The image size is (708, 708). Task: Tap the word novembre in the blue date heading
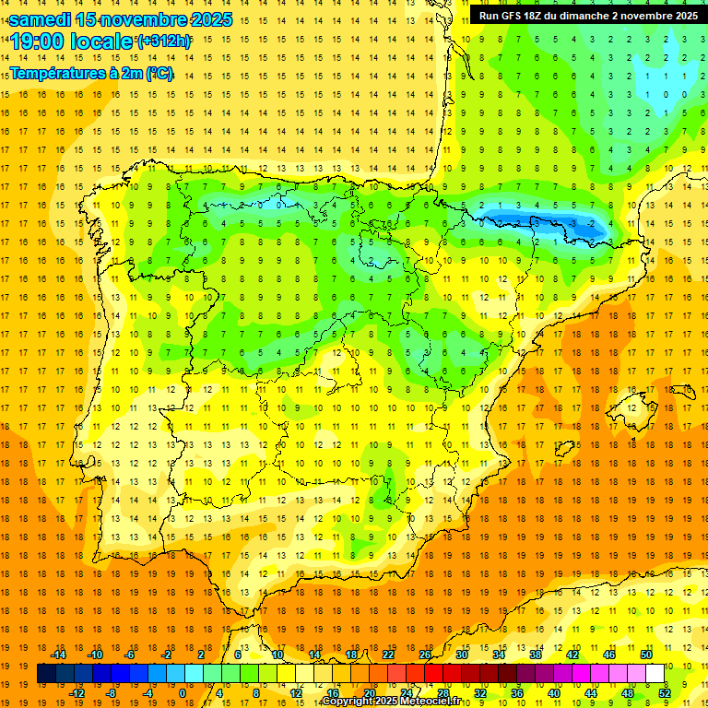[143, 19]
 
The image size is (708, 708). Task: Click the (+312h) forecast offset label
[163, 41]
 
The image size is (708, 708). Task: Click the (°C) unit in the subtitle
[159, 73]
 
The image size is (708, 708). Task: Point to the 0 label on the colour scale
[182, 693]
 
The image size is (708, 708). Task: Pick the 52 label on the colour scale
[665, 693]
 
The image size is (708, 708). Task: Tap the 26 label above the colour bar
[425, 655]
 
